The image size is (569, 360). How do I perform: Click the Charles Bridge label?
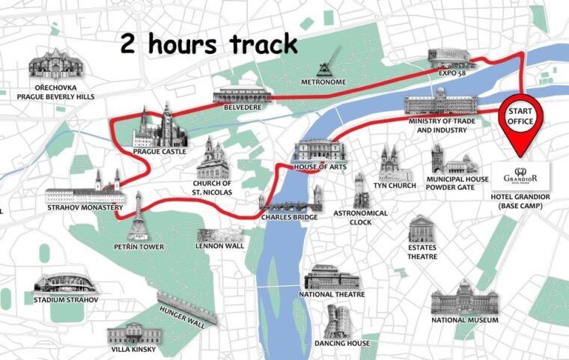coord(290,217)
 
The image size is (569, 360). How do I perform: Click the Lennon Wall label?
coord(219,245)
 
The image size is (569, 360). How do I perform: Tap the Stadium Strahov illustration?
coord(66,284)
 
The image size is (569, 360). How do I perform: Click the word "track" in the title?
coord(253,45)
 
